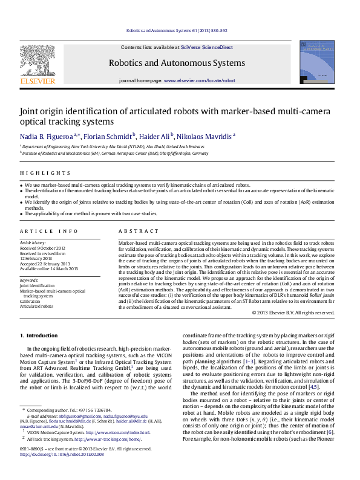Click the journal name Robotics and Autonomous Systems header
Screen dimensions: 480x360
[x=177, y=63]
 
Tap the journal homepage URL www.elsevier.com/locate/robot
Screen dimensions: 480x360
[x=199, y=80]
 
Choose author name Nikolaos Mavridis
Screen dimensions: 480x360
[x=205, y=137]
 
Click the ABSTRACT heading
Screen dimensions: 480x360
[x=134, y=231]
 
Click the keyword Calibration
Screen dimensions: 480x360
[x=31, y=302]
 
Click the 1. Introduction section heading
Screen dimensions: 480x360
[x=39, y=336]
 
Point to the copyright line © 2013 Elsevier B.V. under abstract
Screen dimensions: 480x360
[x=293, y=313]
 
